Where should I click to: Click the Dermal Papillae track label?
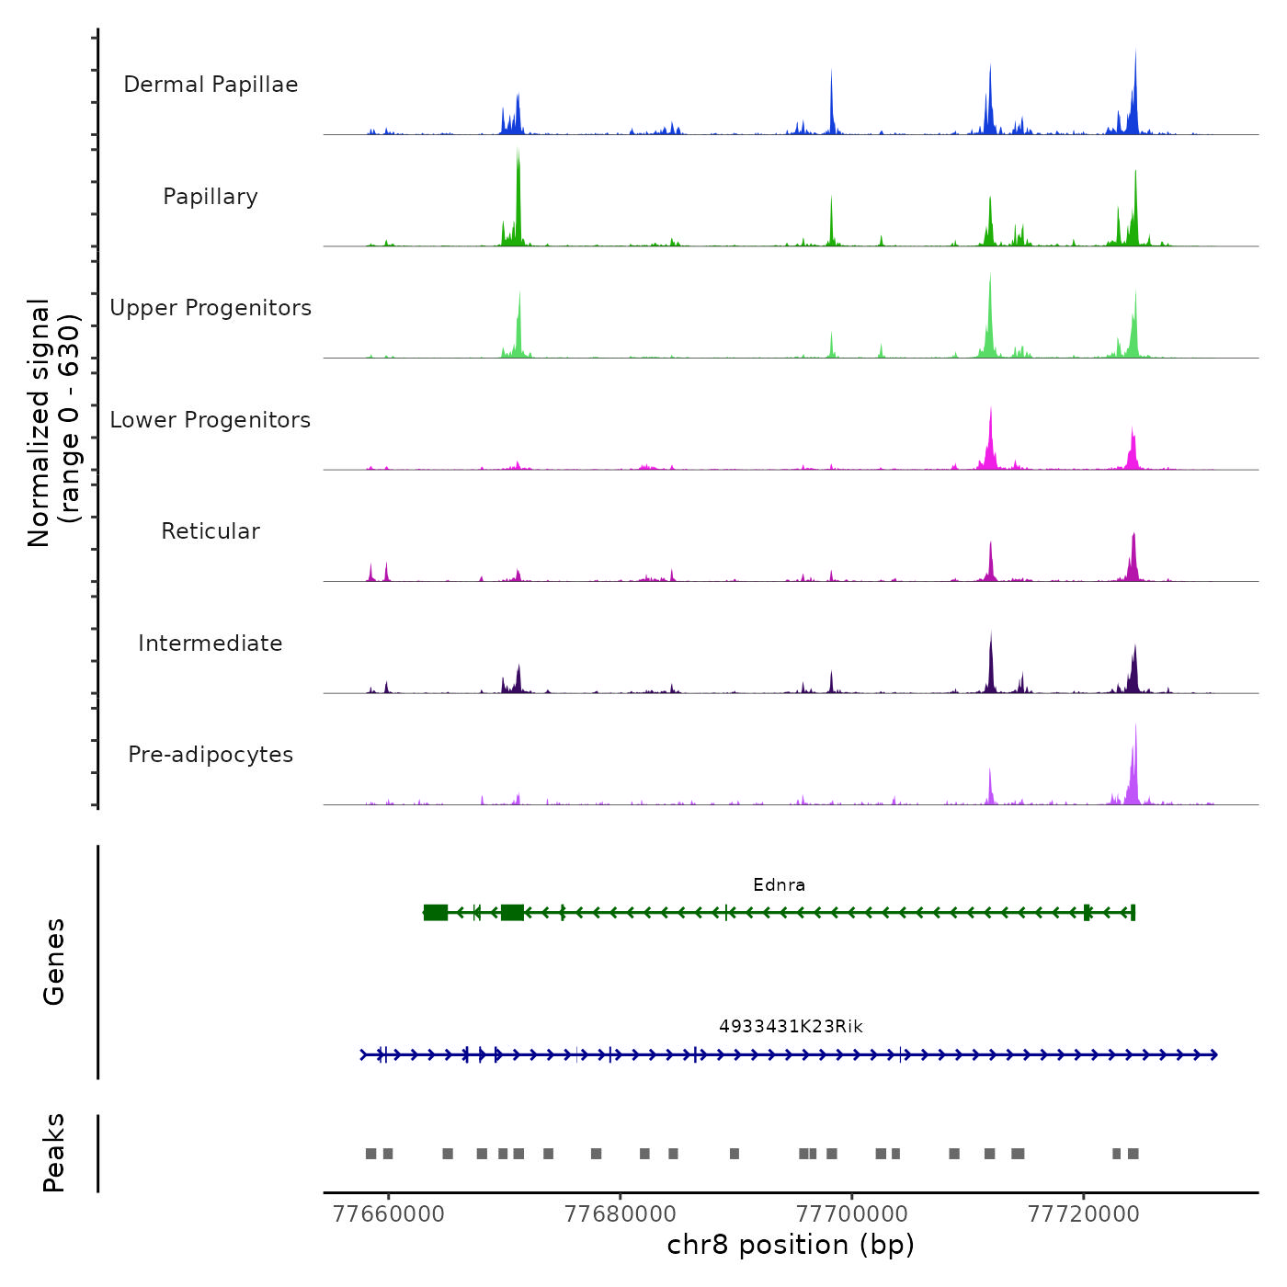(211, 85)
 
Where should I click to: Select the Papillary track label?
(211, 197)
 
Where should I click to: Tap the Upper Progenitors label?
(211, 308)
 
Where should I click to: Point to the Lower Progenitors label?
(211, 420)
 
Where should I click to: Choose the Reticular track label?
(211, 531)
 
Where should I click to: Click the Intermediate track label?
(211, 643)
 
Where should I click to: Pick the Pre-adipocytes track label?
(211, 755)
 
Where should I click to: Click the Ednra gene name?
(779, 885)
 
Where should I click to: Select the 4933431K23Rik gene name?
(791, 1027)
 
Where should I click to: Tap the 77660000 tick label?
(389, 1214)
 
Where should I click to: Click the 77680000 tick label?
(621, 1214)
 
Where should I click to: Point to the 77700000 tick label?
(852, 1214)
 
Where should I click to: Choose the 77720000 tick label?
(1083, 1214)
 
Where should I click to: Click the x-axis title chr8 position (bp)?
(791, 1246)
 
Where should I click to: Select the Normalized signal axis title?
(53, 423)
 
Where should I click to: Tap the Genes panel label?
(54, 962)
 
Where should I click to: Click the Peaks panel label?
(54, 1153)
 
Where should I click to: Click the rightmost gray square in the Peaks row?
(1133, 1154)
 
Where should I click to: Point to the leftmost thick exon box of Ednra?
(436, 913)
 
